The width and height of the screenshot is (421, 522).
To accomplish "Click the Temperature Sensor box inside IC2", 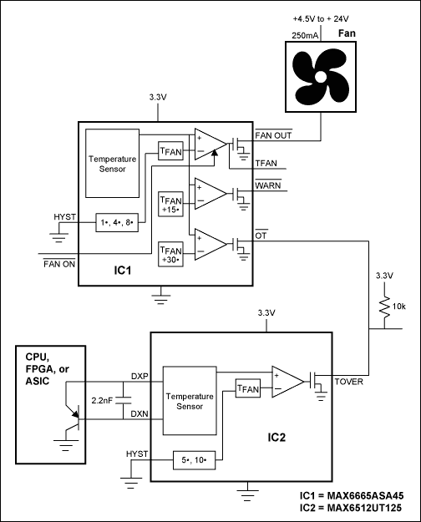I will tap(189, 399).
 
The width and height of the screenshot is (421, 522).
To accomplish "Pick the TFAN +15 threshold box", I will tap(171, 205).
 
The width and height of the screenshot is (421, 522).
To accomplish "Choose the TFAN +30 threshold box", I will tap(171, 251).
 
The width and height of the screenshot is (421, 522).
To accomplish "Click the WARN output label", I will tap(267, 185).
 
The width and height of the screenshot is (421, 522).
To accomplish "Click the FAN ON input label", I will tap(59, 264).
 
